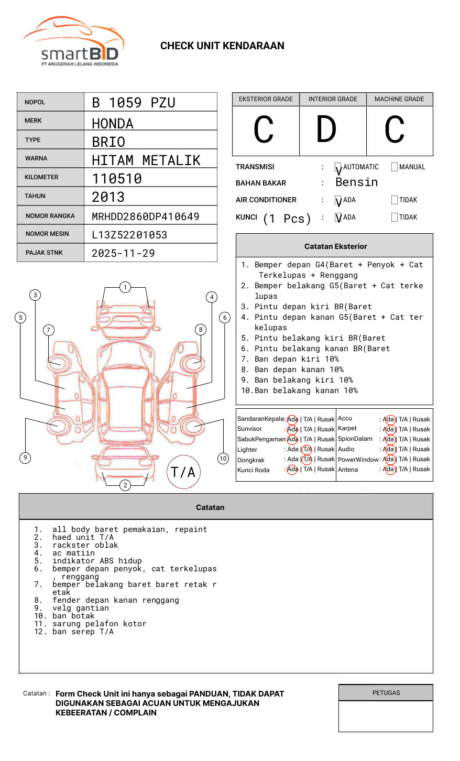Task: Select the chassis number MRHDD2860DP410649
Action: (x=145, y=216)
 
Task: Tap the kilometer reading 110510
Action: (x=117, y=179)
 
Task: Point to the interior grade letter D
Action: (x=326, y=130)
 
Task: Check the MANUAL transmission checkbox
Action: (x=395, y=167)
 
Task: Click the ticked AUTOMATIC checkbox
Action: (x=338, y=168)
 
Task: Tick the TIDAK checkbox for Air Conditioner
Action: (x=395, y=200)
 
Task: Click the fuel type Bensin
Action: (x=356, y=182)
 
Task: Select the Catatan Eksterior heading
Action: (x=335, y=246)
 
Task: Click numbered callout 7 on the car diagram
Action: (x=49, y=330)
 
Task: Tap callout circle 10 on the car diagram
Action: (x=223, y=459)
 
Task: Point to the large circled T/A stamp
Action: (x=183, y=472)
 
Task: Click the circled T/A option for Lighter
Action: (x=307, y=449)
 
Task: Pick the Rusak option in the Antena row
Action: (x=421, y=470)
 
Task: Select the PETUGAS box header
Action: (x=386, y=693)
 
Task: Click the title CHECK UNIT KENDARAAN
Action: (x=222, y=46)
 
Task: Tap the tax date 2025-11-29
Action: (x=123, y=254)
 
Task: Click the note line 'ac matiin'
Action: (x=73, y=553)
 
